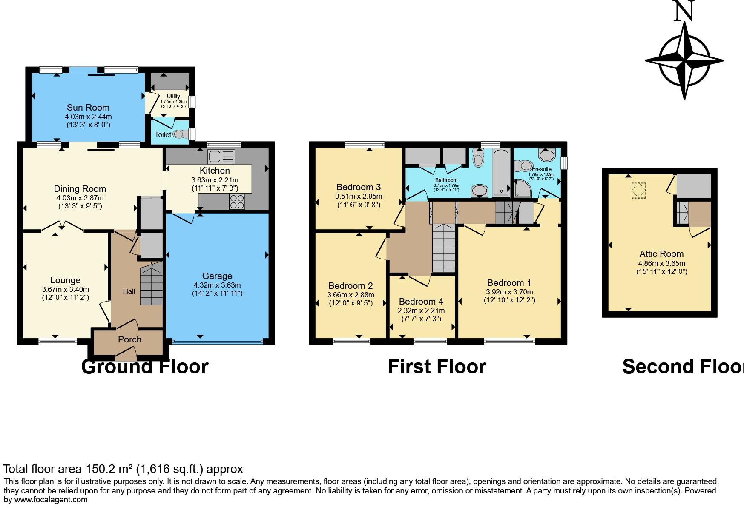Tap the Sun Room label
(x=88, y=108)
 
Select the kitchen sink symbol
(x=221, y=157)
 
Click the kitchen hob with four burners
(x=237, y=202)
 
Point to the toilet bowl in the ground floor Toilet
(x=181, y=134)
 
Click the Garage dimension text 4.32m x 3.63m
(x=217, y=285)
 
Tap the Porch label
(x=129, y=339)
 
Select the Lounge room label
(x=65, y=280)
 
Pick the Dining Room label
(x=80, y=189)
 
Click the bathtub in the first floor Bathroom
(x=501, y=172)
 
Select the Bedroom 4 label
(x=421, y=302)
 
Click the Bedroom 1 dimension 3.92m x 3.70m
(x=509, y=292)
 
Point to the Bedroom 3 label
(x=358, y=187)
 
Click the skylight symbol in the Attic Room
(x=638, y=190)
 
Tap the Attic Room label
(x=661, y=254)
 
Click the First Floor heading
(x=437, y=367)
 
